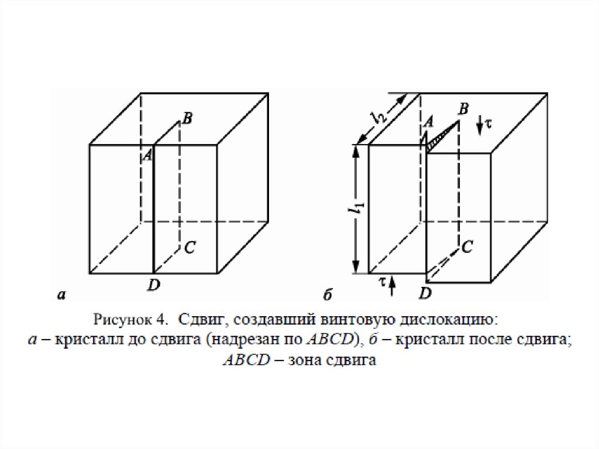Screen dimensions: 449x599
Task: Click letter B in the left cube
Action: point(187,118)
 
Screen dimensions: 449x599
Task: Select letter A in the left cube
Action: point(147,155)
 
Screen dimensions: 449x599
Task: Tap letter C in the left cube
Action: point(189,248)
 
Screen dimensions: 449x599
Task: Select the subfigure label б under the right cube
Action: point(327,296)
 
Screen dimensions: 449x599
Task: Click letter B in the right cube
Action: point(464,109)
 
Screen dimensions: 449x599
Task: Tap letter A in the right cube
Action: point(428,122)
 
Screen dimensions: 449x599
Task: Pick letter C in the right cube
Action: point(467,248)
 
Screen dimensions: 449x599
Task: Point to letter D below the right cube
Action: point(426,292)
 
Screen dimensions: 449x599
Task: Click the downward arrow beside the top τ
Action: point(479,125)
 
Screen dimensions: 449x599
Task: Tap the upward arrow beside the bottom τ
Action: point(393,286)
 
